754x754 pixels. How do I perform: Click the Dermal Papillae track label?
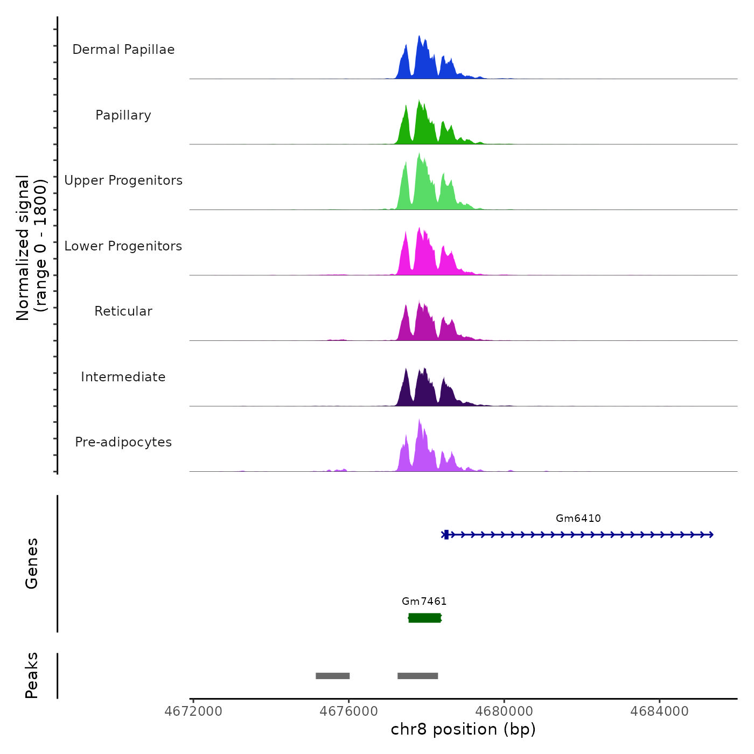123,50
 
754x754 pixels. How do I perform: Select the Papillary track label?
123,115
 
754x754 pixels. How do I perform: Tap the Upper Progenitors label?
123,180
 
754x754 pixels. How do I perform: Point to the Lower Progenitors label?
123,246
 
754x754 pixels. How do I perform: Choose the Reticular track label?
123,311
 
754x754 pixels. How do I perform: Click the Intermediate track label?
123,377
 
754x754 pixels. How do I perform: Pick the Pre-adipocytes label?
123,442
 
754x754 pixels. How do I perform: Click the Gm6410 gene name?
578,519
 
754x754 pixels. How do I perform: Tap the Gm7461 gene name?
424,602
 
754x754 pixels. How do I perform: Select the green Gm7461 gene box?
424,618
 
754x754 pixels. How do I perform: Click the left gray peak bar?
332,676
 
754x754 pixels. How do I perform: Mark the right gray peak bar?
417,676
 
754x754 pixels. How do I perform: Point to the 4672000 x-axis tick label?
193,711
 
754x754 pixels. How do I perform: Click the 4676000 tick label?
348,711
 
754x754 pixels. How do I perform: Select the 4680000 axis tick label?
504,711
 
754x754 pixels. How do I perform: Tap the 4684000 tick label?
659,711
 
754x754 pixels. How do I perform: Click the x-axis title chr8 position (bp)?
463,730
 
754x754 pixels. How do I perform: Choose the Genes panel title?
32,563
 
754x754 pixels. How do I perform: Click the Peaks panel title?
32,675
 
